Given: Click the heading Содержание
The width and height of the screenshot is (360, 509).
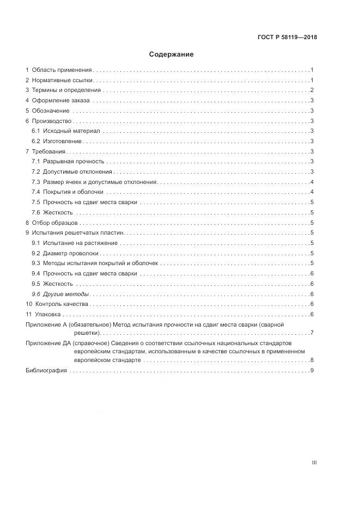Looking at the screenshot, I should coord(172,54).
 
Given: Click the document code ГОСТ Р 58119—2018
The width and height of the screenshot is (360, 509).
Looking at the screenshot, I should coord(287,38).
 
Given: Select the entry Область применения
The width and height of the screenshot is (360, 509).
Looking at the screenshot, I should coord(62,70).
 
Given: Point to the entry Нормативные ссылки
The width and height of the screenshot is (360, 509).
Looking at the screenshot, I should coord(61,81).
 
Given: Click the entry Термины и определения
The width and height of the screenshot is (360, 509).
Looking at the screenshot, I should coord(66,90).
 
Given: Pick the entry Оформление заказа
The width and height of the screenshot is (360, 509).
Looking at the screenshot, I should coord(62,101).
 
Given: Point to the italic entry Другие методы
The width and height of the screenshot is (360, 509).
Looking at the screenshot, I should coord(65,294).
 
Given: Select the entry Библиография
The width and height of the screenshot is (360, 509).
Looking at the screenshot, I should coord(46,370).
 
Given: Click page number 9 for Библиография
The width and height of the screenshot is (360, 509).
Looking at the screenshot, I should coord(312,370).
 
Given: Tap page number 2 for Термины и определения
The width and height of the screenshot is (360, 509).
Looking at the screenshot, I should coord(312,90).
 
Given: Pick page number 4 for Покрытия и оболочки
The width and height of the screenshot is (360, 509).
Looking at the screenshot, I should coord(312,192).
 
